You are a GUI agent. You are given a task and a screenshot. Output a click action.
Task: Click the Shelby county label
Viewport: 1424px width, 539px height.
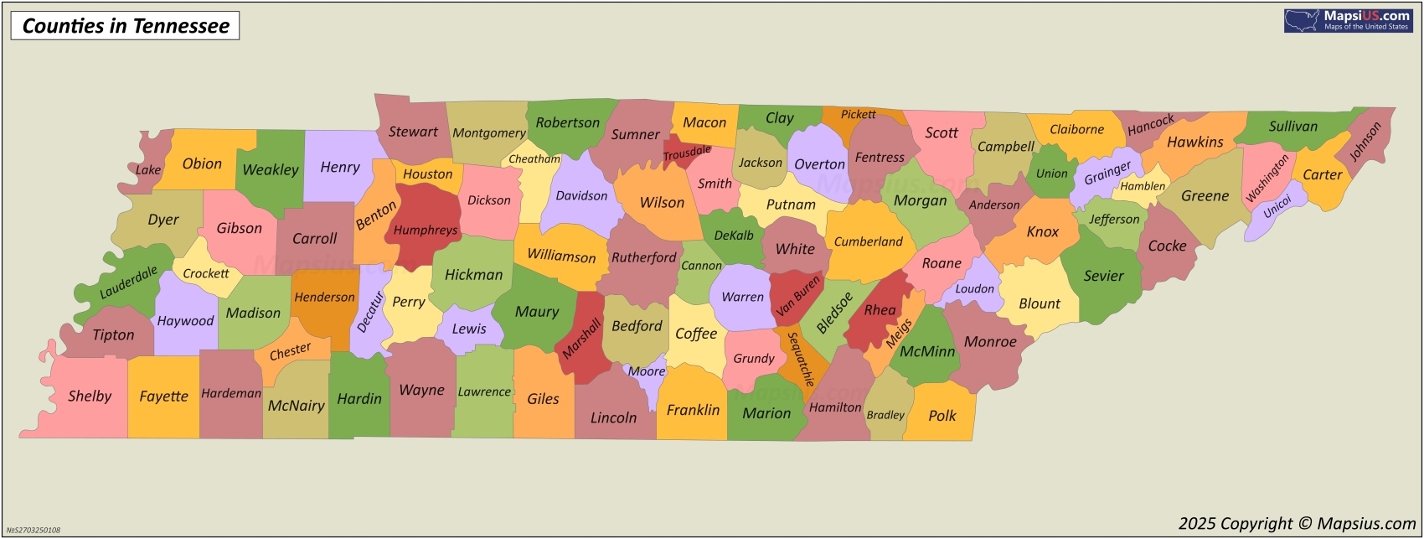[x=90, y=396]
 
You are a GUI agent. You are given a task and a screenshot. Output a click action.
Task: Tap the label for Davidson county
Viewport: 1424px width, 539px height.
[x=581, y=196]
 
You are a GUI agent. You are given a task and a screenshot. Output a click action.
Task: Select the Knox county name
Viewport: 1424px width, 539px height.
[x=1043, y=232]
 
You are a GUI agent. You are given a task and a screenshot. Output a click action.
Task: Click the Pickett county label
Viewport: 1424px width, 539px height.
[x=859, y=115]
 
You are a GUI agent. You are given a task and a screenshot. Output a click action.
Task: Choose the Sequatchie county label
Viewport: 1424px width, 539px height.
[x=801, y=360]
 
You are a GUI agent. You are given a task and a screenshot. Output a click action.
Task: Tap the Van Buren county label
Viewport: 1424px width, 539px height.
[x=798, y=297]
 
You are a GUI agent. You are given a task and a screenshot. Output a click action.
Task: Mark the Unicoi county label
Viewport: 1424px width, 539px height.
[x=1277, y=207]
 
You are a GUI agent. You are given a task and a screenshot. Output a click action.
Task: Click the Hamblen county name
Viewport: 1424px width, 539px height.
[x=1143, y=186]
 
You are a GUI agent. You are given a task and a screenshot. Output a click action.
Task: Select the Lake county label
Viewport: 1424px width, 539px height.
[x=148, y=170]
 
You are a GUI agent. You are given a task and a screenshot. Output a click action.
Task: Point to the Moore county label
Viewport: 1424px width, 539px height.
[x=647, y=371]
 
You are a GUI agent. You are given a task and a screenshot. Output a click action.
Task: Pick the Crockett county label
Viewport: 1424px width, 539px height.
[x=206, y=273]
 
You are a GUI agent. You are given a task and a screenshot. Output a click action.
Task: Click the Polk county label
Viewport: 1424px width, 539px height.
[x=942, y=416]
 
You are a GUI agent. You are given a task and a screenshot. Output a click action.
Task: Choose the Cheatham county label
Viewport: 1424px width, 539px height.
[x=534, y=159]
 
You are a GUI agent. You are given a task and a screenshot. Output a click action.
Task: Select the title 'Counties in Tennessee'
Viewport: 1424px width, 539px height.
[x=125, y=26]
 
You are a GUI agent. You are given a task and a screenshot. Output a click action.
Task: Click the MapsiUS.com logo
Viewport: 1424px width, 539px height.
[x=1347, y=21]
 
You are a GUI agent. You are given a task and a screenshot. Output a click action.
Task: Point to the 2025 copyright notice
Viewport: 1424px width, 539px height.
[x=1297, y=524]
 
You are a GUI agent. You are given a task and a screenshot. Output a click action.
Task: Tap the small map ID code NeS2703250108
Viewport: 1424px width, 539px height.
[x=33, y=530]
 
